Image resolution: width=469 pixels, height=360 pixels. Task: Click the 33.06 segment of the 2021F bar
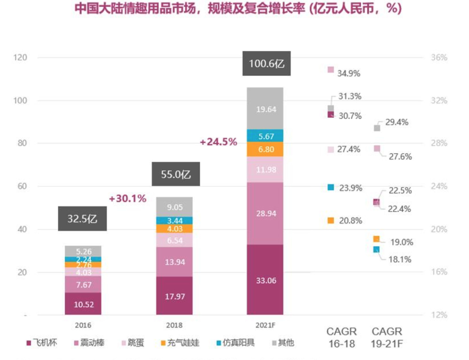pyautogui.click(x=265, y=280)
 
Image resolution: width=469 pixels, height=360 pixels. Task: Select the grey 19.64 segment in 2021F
pyautogui.click(x=265, y=109)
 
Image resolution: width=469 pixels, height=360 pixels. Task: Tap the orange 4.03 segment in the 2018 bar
pyautogui.click(x=174, y=229)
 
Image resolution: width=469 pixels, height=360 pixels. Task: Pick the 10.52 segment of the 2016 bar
pyautogui.click(x=83, y=304)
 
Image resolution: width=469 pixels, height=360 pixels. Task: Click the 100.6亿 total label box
pyautogui.click(x=266, y=63)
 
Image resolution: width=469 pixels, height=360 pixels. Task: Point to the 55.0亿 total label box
pyautogui.click(x=176, y=174)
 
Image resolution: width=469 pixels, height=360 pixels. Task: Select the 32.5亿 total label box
pyautogui.click(x=82, y=218)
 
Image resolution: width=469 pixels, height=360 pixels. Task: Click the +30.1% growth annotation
pyautogui.click(x=128, y=198)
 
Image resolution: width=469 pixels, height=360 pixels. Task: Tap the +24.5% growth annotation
pyautogui.click(x=218, y=142)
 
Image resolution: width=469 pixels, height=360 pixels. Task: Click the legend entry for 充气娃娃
pyautogui.click(x=180, y=342)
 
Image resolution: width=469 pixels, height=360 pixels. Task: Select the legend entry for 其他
pyautogui.click(x=283, y=342)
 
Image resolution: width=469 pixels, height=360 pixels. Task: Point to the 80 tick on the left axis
pyautogui.click(x=22, y=143)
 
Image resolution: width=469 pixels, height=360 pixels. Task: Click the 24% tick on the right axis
pyautogui.click(x=439, y=186)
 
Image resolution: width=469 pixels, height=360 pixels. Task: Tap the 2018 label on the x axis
pyautogui.click(x=174, y=325)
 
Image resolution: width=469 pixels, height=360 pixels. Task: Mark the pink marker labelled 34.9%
pyautogui.click(x=331, y=70)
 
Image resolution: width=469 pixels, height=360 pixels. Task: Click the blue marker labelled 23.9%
pyautogui.click(x=331, y=187)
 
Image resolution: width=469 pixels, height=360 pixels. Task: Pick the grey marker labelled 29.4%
pyautogui.click(x=377, y=128)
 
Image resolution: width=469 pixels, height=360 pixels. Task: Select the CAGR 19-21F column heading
pyautogui.click(x=387, y=338)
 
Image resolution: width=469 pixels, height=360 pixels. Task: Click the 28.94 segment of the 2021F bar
pyautogui.click(x=265, y=213)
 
